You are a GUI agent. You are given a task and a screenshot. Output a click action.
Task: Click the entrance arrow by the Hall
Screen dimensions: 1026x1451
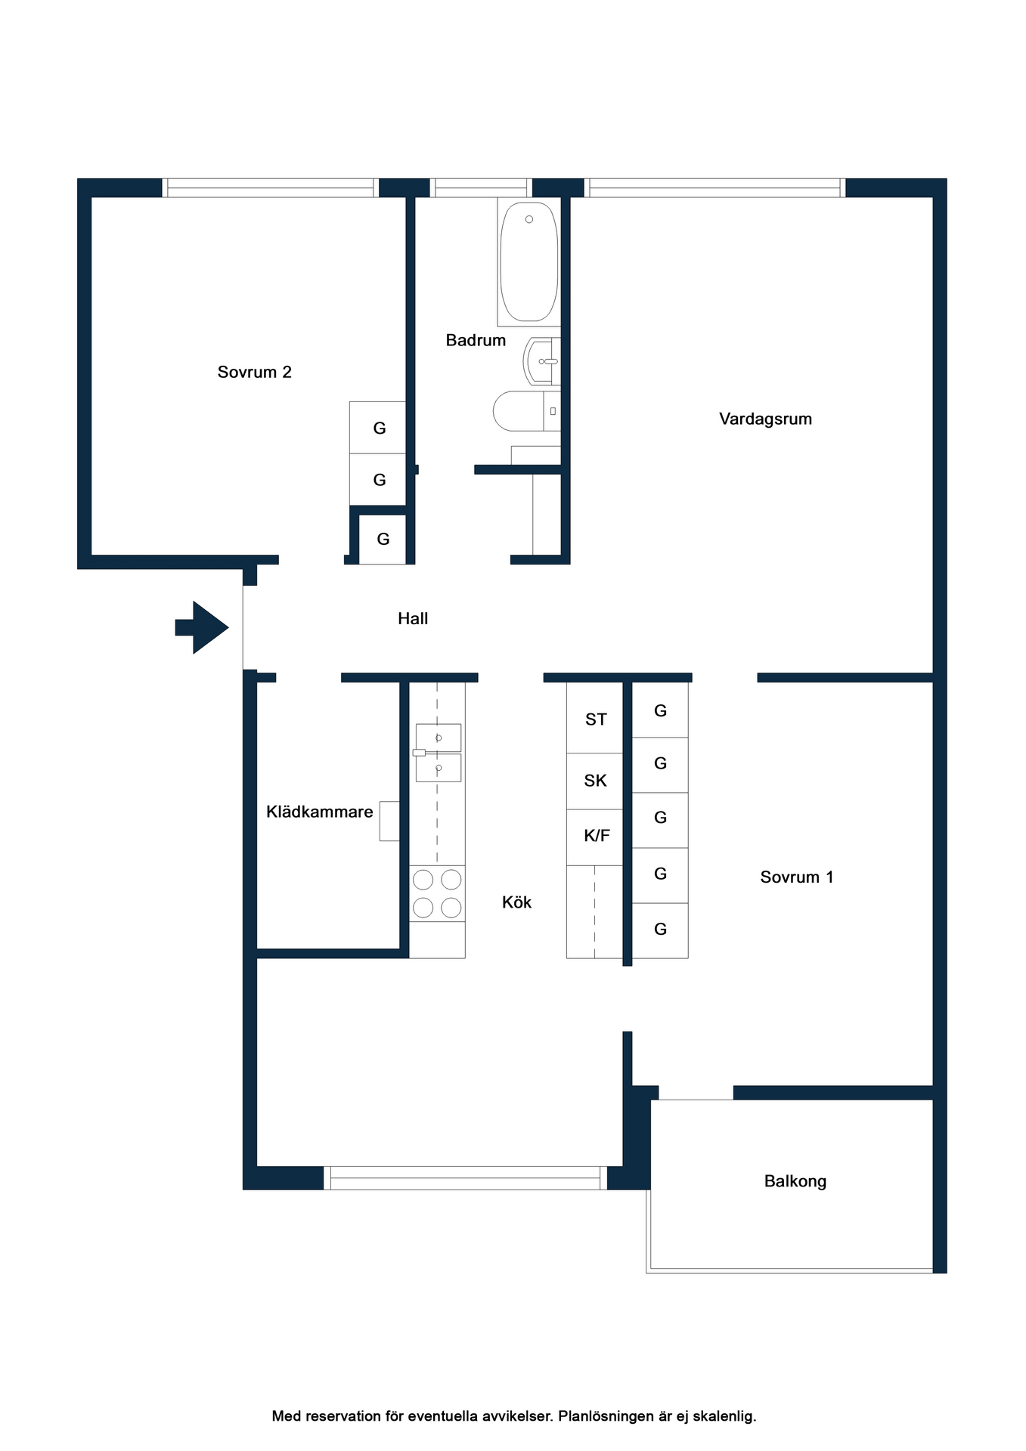click(x=202, y=627)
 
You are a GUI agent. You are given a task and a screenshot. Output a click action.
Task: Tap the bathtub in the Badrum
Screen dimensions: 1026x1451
click(x=529, y=261)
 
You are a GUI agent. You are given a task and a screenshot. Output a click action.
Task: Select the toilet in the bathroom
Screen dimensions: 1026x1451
click(x=527, y=411)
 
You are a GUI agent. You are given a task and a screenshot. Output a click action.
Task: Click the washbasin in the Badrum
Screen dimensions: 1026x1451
click(x=542, y=361)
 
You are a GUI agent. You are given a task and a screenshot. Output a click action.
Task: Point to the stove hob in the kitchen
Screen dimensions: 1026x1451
click(x=437, y=893)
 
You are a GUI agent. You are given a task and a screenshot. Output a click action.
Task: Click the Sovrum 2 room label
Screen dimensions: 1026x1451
click(x=255, y=372)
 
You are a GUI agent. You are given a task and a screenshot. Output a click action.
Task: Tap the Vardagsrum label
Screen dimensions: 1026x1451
click(x=765, y=419)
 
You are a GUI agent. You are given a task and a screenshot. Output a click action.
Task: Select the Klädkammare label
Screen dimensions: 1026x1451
click(x=320, y=812)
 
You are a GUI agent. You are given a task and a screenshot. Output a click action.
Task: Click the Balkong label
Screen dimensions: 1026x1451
click(x=795, y=1181)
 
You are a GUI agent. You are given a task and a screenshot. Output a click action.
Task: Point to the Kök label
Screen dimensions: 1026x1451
click(x=517, y=902)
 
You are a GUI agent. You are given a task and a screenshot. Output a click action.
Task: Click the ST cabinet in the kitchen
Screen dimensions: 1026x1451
click(x=595, y=718)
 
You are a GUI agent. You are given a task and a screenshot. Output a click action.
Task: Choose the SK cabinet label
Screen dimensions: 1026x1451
click(x=596, y=781)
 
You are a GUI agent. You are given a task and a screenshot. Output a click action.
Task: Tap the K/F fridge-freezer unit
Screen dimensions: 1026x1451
click(x=595, y=837)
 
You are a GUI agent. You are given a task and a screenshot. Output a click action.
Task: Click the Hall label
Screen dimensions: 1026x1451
click(x=413, y=618)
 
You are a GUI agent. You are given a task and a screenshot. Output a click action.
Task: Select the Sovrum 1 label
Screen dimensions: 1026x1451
click(x=797, y=877)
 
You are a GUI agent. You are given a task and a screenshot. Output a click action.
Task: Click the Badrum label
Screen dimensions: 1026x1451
click(x=476, y=340)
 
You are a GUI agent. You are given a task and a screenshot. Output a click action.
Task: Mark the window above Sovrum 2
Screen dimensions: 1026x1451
click(x=271, y=188)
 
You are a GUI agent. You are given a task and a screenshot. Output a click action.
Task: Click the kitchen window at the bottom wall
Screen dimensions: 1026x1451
click(x=466, y=1178)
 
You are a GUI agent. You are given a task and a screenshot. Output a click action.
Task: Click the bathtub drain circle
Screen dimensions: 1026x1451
click(x=529, y=219)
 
